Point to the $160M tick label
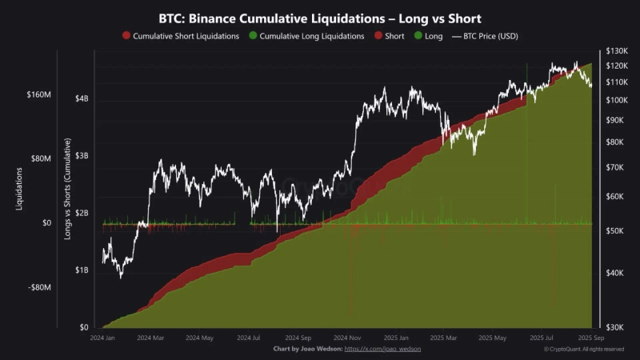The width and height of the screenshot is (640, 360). tap(38, 94)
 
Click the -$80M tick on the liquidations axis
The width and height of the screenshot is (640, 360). tap(39, 287)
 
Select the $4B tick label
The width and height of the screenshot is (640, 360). tap(82, 98)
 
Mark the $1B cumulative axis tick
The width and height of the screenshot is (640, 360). tap(82, 270)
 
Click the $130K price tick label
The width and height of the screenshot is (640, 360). tap(617, 51)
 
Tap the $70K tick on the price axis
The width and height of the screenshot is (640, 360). tap(615, 168)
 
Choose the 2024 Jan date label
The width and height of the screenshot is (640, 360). tap(103, 338)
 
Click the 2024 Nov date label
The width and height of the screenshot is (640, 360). tap(348, 338)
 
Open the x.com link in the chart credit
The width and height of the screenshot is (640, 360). tap(382, 350)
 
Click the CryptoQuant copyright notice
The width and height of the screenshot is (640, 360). tap(584, 350)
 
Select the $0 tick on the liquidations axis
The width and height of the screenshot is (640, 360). tap(46, 223)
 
